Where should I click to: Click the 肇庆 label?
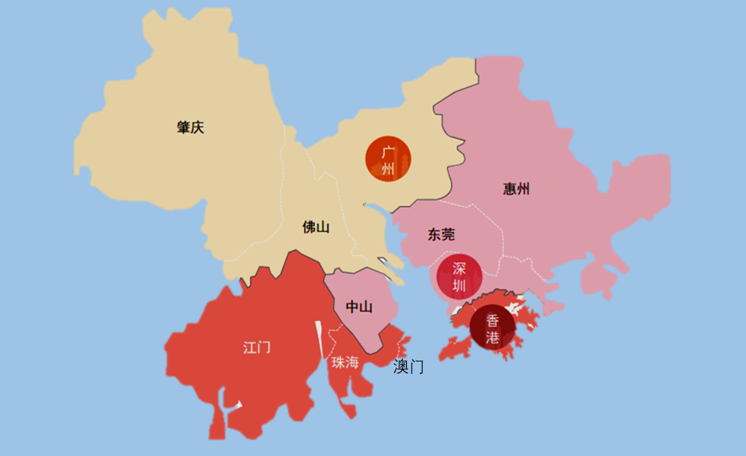190,128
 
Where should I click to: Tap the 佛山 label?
316,227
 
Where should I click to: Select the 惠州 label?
517,189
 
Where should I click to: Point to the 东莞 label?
441,235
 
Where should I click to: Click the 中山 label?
358,306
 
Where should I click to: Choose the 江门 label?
256,347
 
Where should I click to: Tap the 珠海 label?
345,362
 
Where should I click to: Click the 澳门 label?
408,367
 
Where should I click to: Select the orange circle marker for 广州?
388,159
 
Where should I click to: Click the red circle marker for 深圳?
459,276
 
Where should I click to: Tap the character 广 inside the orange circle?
388,152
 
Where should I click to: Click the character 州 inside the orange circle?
388,169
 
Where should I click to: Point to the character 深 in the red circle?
459,268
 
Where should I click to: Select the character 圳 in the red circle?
459,284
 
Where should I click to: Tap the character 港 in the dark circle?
492,337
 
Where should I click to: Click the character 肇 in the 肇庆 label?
183,128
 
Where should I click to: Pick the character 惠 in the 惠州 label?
510,189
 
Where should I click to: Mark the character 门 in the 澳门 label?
416,367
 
